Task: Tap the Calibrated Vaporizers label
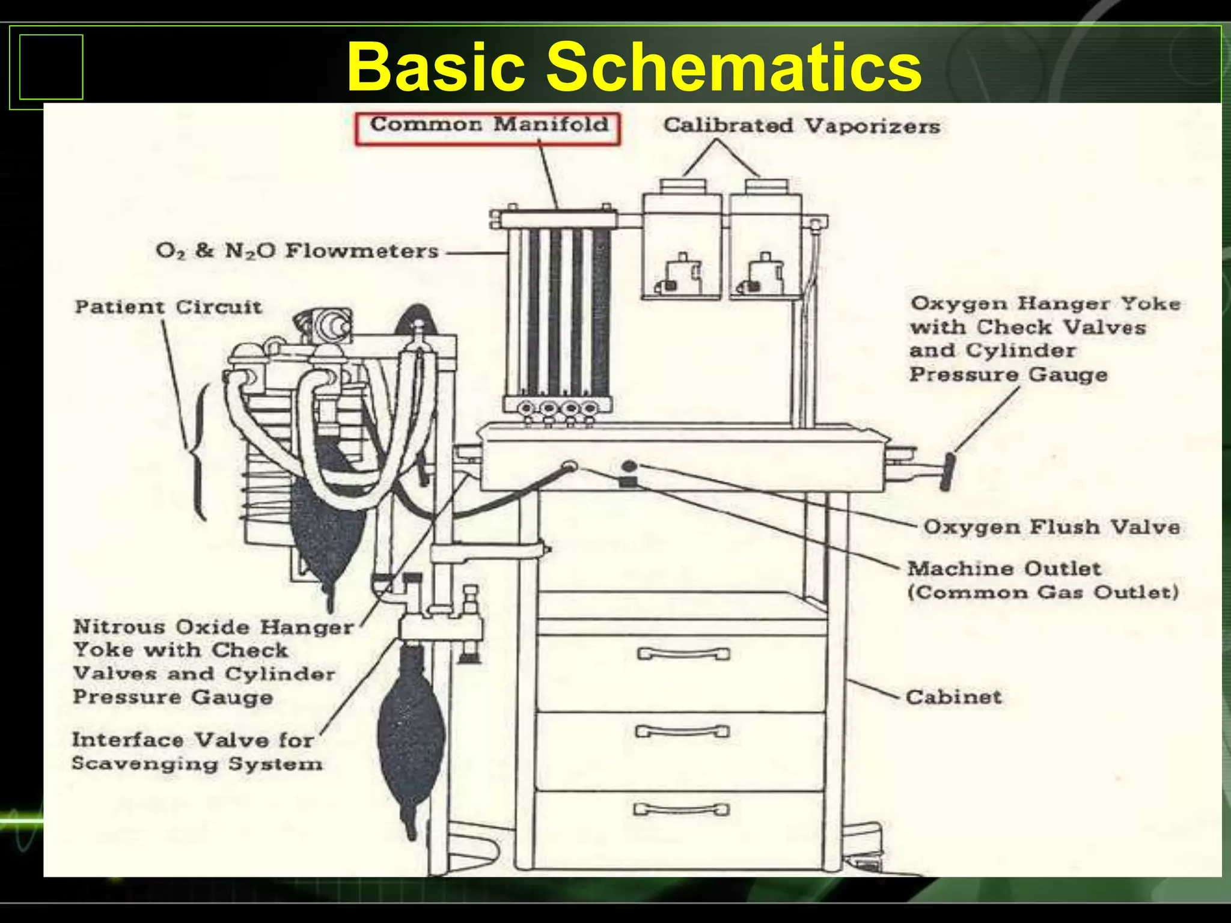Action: tap(801, 126)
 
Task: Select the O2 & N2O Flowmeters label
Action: tap(297, 251)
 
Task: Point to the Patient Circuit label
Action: tap(168, 307)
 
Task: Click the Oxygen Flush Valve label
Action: tap(1051, 527)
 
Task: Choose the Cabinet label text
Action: tap(953, 697)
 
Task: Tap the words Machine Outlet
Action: tap(1004, 568)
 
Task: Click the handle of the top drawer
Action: tap(683, 653)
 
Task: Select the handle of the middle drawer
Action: tap(682, 731)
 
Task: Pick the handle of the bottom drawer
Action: tap(682, 809)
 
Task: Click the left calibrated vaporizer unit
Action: tap(682, 243)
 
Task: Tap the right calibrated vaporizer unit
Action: tap(765, 243)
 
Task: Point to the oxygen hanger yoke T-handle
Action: tap(948, 472)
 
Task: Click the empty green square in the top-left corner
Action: tap(51, 67)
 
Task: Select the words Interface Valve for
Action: tap(192, 740)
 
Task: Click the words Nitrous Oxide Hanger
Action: tap(213, 627)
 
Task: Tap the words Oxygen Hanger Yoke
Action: tap(1045, 303)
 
